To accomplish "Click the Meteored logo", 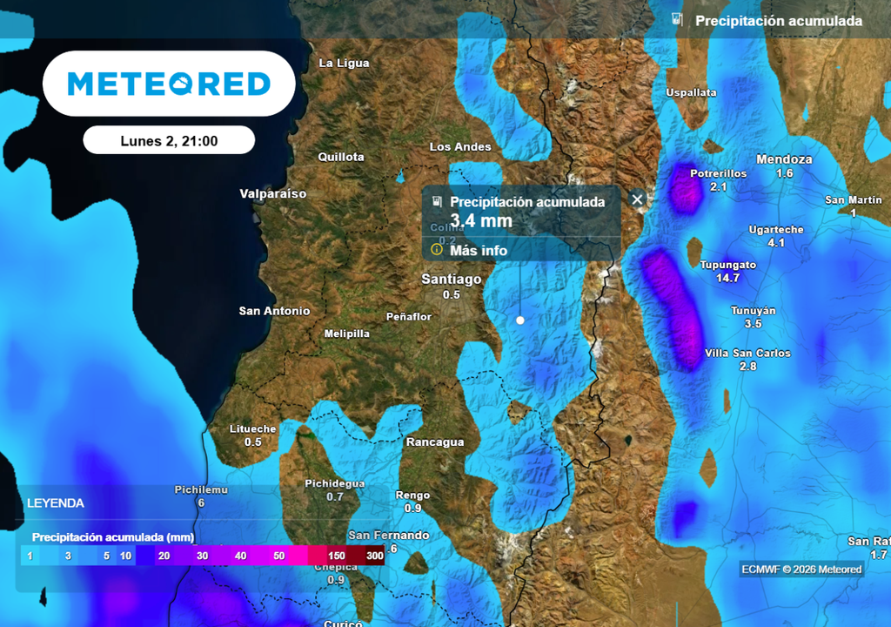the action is point(169,84).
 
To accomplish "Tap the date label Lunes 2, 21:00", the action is point(169,140).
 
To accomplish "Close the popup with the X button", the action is point(637,199).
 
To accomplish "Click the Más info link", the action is point(478,251).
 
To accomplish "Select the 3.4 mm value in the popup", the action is point(481,221).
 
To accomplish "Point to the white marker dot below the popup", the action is point(520,320).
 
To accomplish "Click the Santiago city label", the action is point(451,280).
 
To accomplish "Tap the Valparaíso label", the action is point(273,193).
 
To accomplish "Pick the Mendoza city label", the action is point(784,159).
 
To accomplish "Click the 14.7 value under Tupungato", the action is point(727,279).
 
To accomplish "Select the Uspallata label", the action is point(691,92).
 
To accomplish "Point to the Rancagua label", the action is point(435,442).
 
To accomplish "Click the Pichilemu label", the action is point(201,489).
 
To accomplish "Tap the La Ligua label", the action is point(344,63).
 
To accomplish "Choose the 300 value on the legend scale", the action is point(375,556).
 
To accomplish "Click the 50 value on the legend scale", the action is point(278,556).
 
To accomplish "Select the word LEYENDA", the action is point(56,503).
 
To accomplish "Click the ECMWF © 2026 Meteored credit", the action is point(801,570).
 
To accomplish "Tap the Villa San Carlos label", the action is point(747,354).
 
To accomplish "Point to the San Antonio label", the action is point(274,311).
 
